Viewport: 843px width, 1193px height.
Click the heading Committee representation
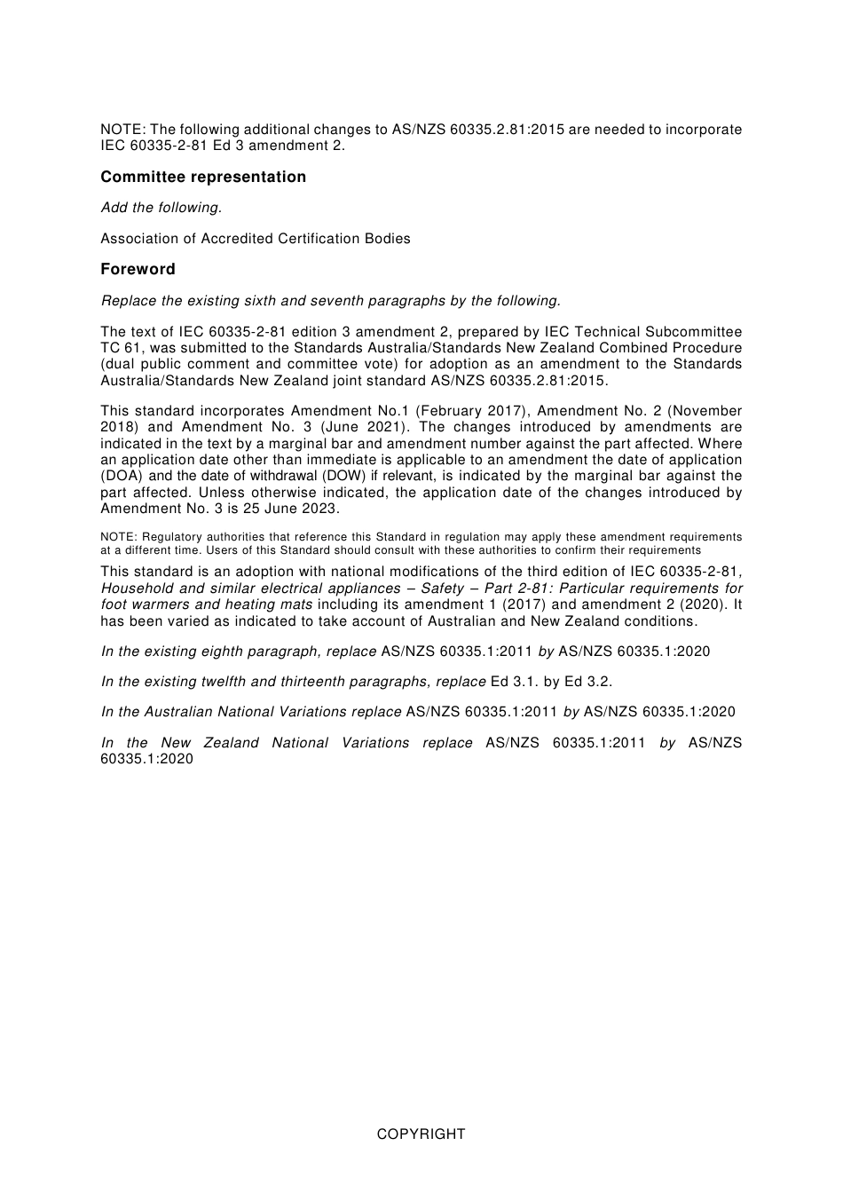coord(203,177)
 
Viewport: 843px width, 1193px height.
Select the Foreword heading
coord(138,269)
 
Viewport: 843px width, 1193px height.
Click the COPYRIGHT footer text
coord(421,1134)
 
